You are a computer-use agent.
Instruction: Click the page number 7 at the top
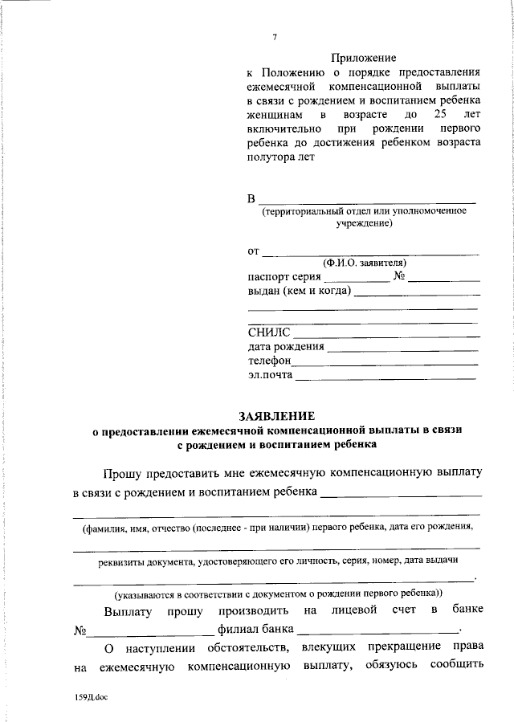pyautogui.click(x=275, y=38)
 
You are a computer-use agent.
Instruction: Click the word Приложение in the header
pyautogui.click(x=364, y=58)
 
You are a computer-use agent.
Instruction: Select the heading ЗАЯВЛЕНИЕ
pyautogui.click(x=276, y=416)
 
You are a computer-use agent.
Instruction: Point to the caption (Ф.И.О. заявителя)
pyautogui.click(x=365, y=263)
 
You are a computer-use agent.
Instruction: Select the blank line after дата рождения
pyautogui.click(x=403, y=349)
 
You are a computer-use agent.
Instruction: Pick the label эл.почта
pyautogui.click(x=271, y=375)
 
